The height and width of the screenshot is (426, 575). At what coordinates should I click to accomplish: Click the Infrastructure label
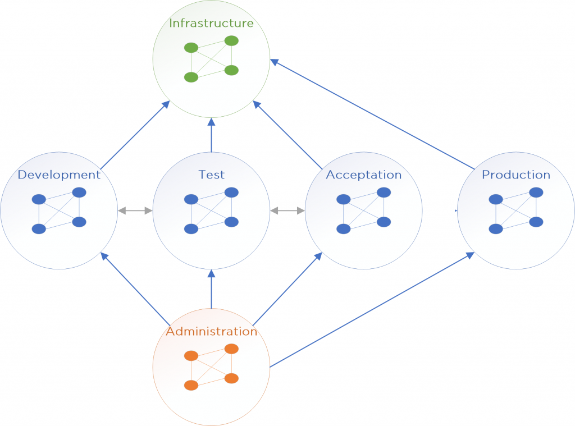(x=211, y=23)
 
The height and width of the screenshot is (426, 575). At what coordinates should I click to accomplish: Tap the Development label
(x=59, y=175)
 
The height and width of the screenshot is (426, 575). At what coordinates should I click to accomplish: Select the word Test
(x=211, y=175)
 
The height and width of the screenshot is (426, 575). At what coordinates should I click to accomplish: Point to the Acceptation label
(x=364, y=175)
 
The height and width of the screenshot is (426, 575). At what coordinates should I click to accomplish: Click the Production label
(x=516, y=175)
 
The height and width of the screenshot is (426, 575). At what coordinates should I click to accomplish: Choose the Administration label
(x=211, y=331)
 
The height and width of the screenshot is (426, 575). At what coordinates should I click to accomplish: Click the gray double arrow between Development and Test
(x=135, y=211)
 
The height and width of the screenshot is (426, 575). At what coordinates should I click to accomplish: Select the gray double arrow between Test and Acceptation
(x=287, y=211)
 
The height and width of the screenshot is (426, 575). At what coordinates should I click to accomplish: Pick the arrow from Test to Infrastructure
(x=211, y=135)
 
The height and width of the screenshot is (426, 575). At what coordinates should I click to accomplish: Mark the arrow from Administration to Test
(x=211, y=289)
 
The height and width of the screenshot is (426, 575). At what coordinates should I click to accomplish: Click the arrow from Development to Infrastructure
(x=135, y=135)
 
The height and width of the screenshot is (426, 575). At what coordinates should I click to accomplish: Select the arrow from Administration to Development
(x=135, y=288)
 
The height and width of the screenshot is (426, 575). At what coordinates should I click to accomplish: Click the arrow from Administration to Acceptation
(x=287, y=288)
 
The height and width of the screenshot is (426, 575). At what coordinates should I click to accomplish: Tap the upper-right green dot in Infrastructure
(x=231, y=41)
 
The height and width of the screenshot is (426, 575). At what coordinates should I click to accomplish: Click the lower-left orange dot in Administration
(x=191, y=385)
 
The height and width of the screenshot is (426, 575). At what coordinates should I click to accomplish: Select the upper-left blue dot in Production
(x=495, y=199)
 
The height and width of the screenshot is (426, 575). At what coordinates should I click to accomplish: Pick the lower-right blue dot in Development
(x=79, y=222)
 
